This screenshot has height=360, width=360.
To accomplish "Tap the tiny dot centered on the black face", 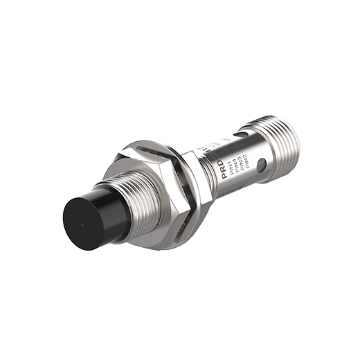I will click(82, 226).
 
